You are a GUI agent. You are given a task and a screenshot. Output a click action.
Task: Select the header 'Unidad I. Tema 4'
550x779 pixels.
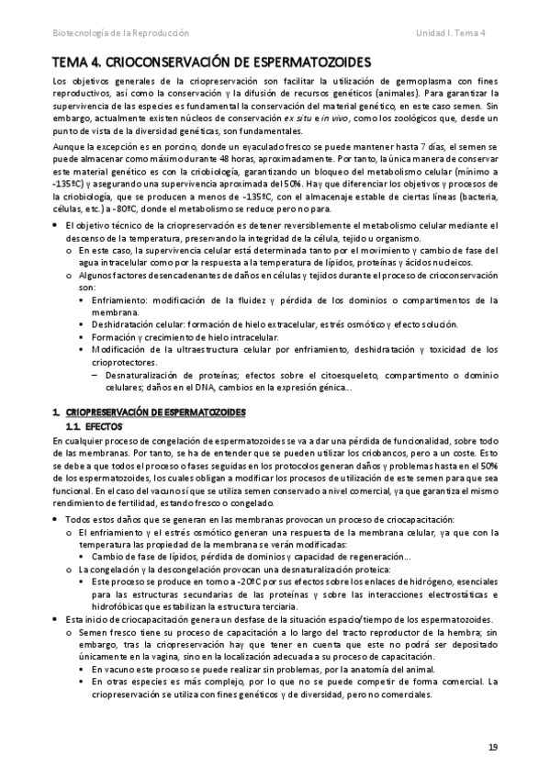[455, 32]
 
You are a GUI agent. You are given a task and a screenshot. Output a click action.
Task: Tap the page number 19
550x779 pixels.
[492, 748]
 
